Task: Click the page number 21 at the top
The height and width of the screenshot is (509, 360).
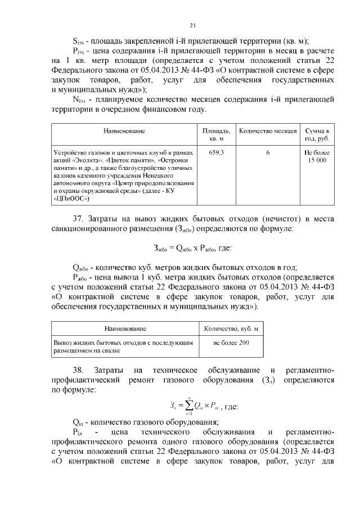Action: [192, 25]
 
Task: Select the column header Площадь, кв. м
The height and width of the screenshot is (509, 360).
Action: [216, 134]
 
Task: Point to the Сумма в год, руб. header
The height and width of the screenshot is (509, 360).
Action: [317, 134]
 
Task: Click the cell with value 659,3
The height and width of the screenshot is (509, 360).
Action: [216, 152]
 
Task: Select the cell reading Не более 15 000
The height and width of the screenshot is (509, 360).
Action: [317, 156]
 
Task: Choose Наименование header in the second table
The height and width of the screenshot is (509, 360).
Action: [124, 328]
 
